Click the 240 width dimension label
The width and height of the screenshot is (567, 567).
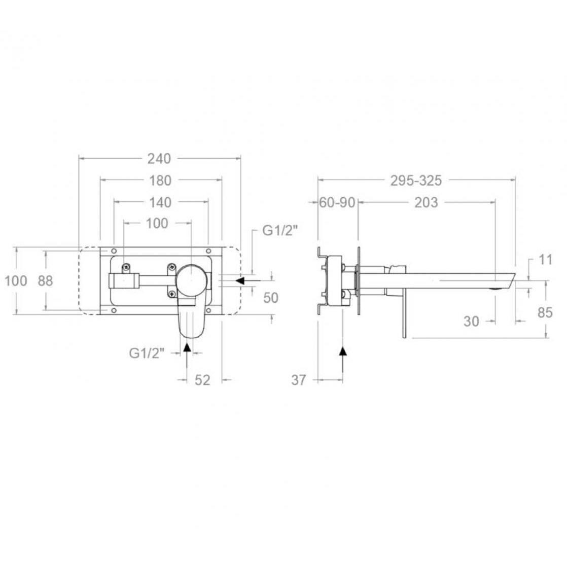(159, 158)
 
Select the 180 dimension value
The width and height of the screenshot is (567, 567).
(160, 181)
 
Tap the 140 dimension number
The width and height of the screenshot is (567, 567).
(160, 202)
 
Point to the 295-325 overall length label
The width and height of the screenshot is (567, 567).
(416, 181)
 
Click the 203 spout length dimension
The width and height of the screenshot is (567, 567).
(426, 202)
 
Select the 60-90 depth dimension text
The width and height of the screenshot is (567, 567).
(337, 202)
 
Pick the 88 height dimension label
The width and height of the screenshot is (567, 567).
(45, 280)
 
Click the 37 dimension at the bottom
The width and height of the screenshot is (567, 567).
(299, 380)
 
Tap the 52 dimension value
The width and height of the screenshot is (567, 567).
(202, 380)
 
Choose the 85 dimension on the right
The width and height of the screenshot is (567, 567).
(545, 312)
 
